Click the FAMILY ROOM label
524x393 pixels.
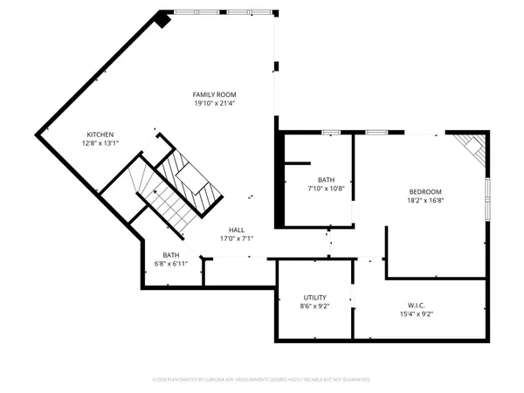click(x=215, y=94)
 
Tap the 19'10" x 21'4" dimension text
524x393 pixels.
click(x=215, y=103)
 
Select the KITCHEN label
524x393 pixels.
click(x=99, y=134)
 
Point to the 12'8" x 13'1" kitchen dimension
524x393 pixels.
click(x=100, y=143)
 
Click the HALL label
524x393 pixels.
click(x=237, y=229)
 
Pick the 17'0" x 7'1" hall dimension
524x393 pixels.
click(x=237, y=238)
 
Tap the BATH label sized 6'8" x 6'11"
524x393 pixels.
click(x=170, y=255)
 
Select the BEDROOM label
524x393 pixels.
click(x=426, y=191)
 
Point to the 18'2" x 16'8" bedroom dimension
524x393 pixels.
click(x=426, y=200)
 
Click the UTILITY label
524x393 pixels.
click(x=314, y=298)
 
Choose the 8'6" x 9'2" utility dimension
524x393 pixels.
click(x=314, y=307)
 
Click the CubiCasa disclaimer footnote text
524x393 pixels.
click(x=261, y=380)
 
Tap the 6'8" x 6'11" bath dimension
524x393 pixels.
click(x=170, y=264)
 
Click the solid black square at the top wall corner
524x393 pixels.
click(x=163, y=17)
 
